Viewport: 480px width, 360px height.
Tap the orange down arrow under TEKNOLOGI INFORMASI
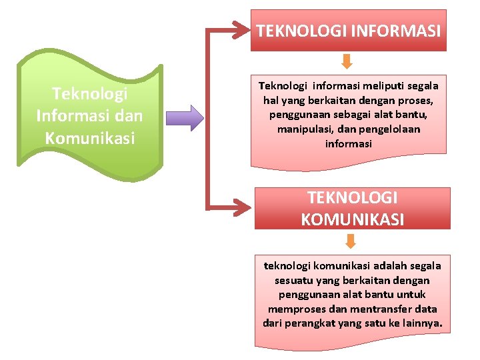click(347, 62)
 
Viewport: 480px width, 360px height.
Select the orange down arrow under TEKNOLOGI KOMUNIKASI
click(351, 240)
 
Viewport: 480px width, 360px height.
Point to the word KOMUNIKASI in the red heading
click(352, 219)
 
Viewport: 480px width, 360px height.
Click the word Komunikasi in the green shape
click(89, 138)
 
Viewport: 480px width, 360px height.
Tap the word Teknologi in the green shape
click(89, 93)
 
